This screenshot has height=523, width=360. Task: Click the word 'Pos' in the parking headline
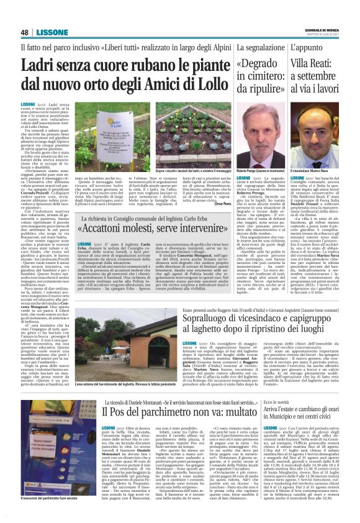tap(121, 412)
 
